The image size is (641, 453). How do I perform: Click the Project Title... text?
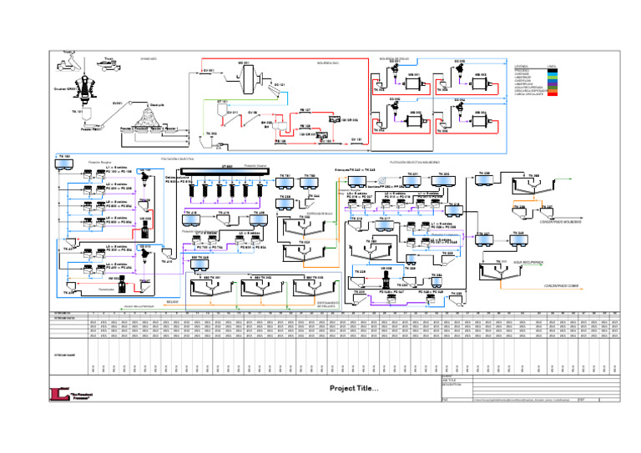(x=353, y=388)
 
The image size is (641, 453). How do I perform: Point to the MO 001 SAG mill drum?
(x=247, y=78)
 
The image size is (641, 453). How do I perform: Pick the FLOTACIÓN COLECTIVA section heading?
(x=177, y=157)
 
